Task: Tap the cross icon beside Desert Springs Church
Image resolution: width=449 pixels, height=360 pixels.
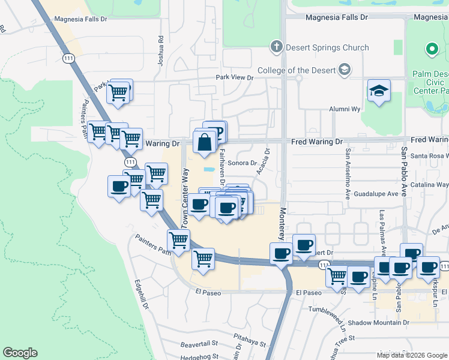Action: tap(276, 47)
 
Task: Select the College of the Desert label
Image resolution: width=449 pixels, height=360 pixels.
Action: tap(295, 70)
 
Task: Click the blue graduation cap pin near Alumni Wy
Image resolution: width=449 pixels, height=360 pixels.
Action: tap(379, 91)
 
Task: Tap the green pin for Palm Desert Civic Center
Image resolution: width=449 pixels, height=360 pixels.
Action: tap(431, 49)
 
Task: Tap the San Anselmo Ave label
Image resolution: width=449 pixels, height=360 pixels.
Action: tap(347, 173)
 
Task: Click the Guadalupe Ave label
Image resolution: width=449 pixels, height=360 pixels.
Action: tap(376, 194)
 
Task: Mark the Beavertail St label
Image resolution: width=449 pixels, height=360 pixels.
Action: tap(199, 344)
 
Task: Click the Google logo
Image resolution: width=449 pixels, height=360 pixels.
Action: tap(20, 353)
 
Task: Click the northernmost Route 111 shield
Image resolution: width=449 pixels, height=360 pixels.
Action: tap(67, 57)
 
